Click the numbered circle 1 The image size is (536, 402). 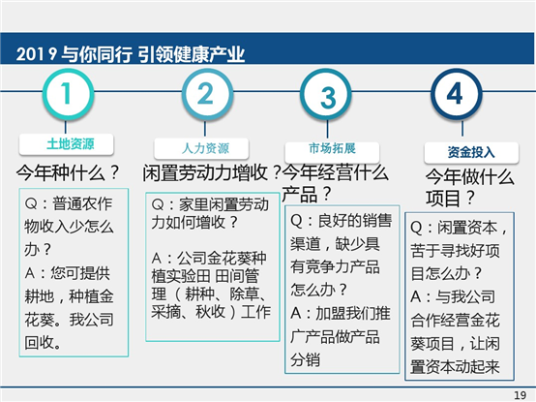[68, 94]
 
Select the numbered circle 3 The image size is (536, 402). [326, 94]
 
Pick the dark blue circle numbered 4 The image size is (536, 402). [457, 94]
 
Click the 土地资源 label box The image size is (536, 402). [67, 144]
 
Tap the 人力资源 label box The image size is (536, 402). [201, 149]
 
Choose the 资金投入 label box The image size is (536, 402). [471, 153]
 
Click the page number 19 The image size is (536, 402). [521, 395]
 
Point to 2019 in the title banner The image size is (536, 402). [37, 54]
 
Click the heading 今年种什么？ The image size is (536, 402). [68, 172]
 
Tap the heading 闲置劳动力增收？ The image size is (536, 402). [212, 172]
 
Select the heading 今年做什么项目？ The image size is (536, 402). [469, 188]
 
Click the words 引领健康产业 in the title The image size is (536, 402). [192, 54]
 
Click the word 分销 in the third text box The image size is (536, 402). [305, 360]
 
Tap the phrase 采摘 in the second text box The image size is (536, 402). [165, 312]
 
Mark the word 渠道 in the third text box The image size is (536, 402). [305, 244]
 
